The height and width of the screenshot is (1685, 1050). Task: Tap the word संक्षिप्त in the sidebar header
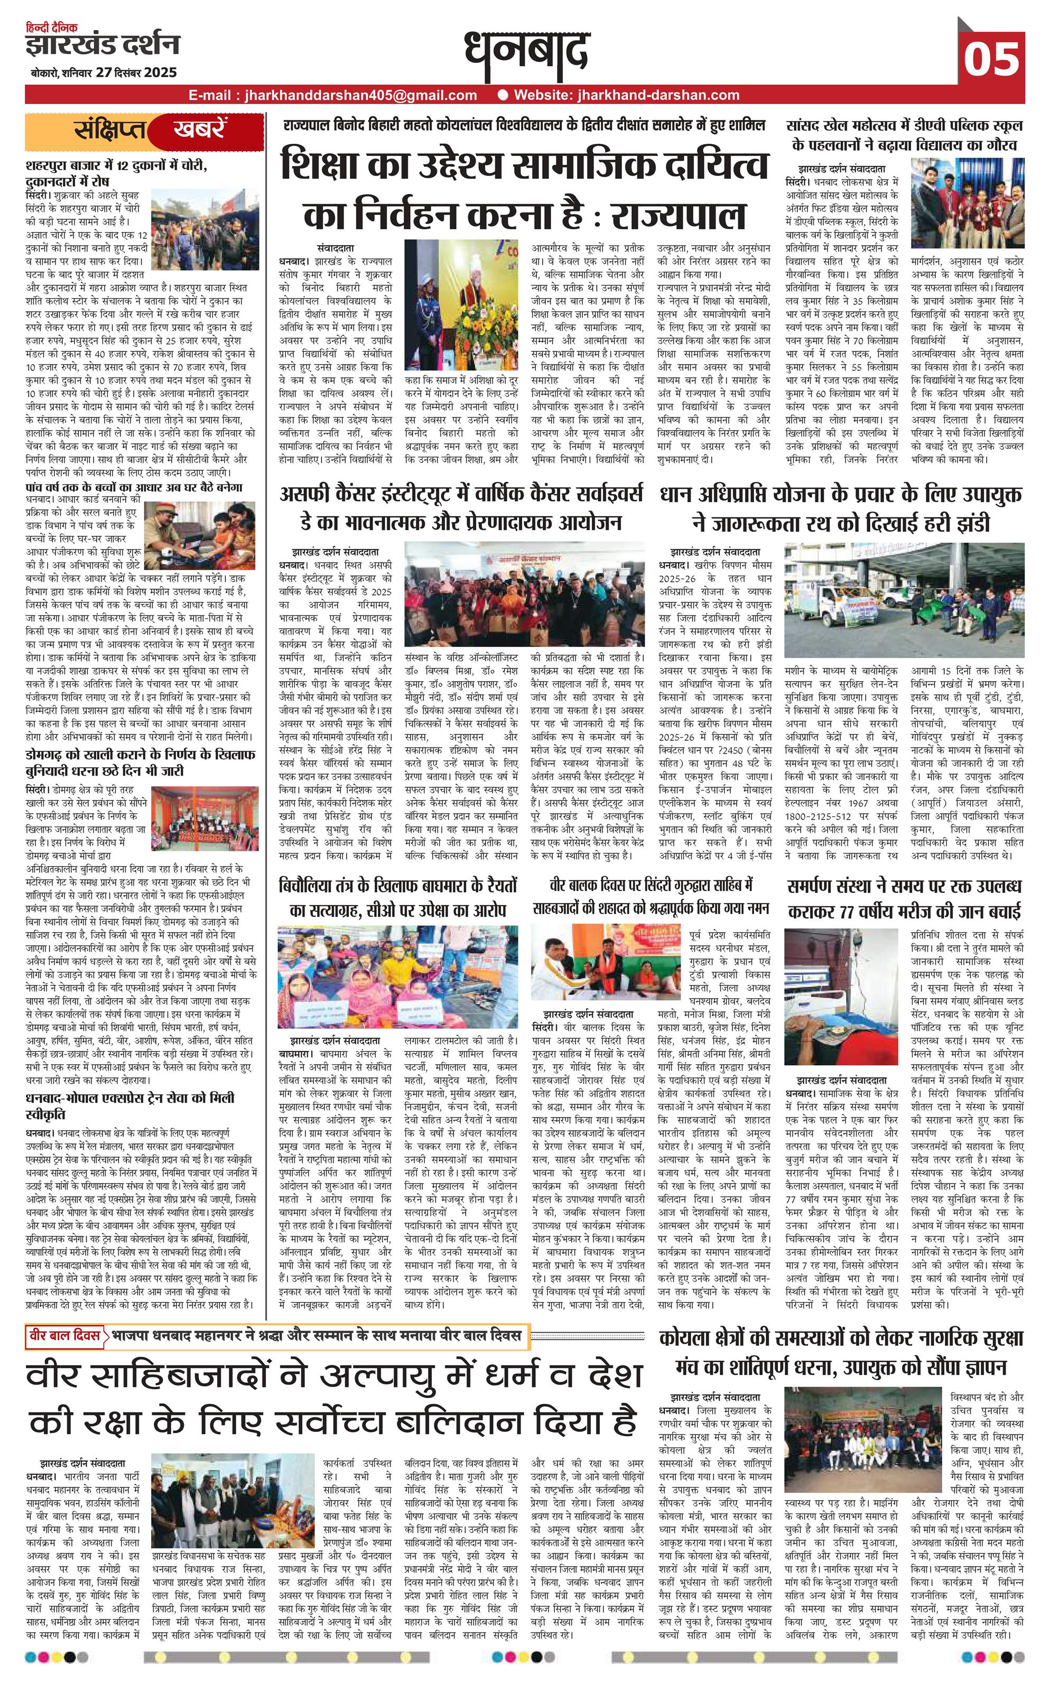tap(111, 131)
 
